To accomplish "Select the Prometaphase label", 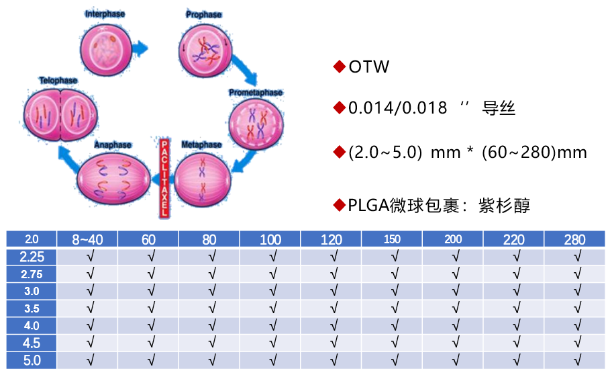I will coord(255,93).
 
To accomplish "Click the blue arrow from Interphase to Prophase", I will coord(140,48).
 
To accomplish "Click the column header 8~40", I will coord(88,239).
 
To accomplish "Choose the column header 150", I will coord(392,239).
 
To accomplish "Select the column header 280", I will coord(574,239).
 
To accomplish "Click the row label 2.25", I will coord(32,256).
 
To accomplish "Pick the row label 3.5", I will coord(32,308).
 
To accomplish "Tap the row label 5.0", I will coord(32,360).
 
